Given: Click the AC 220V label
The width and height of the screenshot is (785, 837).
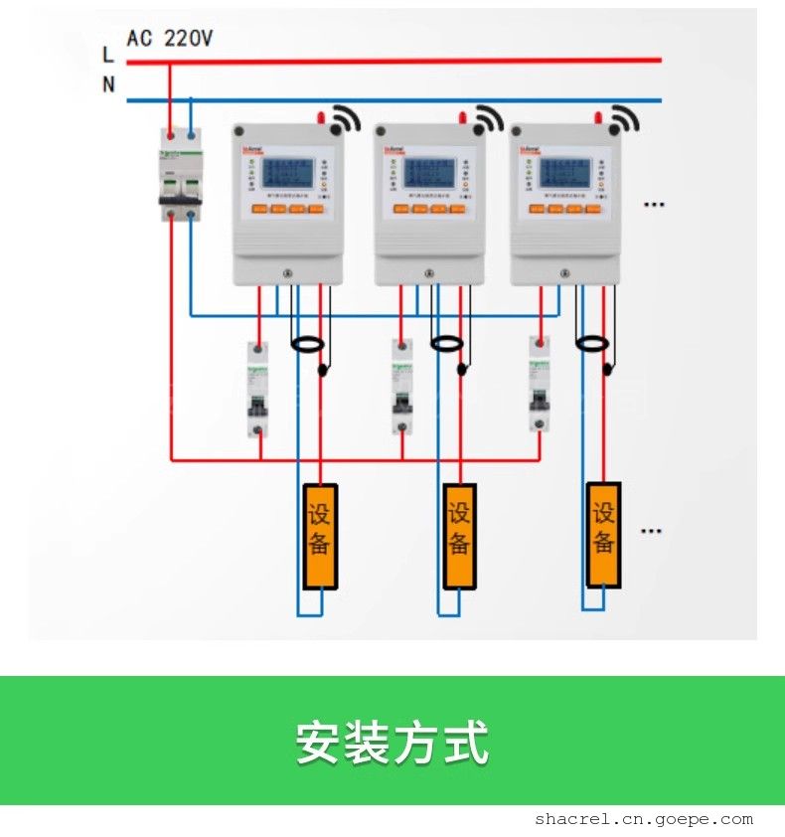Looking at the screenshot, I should click(x=170, y=39).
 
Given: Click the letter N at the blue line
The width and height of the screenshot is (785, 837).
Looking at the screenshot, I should click(x=108, y=84).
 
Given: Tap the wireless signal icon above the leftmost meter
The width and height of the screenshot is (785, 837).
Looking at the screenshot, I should click(x=345, y=119).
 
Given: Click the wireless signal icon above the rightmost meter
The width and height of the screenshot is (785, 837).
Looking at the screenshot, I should click(x=624, y=119).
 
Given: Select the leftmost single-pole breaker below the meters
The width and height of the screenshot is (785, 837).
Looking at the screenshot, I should click(x=257, y=389).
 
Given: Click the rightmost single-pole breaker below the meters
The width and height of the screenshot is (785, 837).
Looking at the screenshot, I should click(x=540, y=385).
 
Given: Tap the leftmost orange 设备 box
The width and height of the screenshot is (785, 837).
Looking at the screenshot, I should click(x=320, y=535).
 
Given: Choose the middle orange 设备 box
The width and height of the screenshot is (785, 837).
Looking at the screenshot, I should click(x=459, y=535).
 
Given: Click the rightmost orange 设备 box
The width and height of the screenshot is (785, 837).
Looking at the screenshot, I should click(x=603, y=533).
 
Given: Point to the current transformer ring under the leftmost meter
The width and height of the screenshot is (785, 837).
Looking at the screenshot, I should click(x=307, y=344).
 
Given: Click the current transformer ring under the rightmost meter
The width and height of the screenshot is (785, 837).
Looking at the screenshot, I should click(x=592, y=343).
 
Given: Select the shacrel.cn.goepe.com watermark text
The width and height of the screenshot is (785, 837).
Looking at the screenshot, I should click(x=643, y=819).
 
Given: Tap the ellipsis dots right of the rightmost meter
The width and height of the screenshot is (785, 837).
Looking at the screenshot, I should click(x=653, y=205).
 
